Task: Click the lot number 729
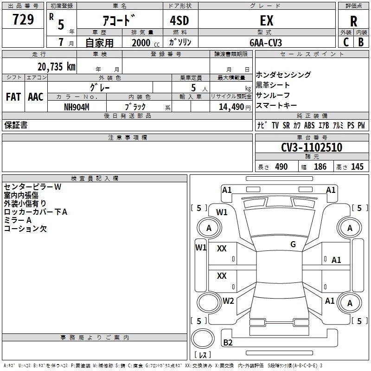23,19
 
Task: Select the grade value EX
267,20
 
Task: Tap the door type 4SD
179,20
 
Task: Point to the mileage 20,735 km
57,67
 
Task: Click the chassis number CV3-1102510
312,147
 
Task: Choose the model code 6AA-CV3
266,43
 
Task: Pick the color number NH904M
77,107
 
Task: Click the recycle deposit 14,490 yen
235,107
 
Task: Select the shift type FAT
13,97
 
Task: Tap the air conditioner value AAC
36,97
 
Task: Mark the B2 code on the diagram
228,342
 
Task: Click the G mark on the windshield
293,244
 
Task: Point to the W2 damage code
228,301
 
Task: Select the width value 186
320,166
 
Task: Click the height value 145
357,166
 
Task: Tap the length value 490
281,166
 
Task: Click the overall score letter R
353,21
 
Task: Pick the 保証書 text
16,125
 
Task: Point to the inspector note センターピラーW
32,187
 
